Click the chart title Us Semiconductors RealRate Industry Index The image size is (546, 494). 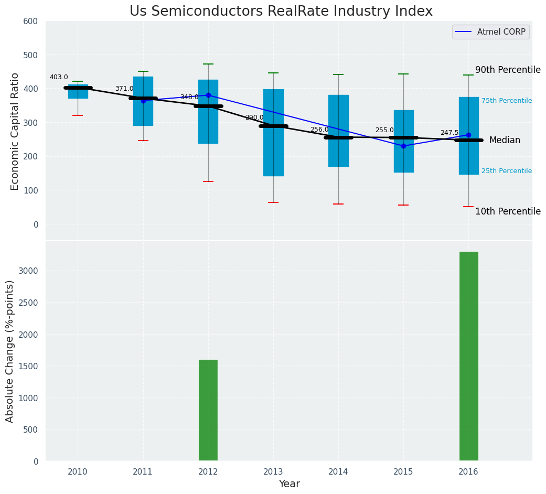click(281, 12)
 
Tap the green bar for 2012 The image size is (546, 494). click(208, 410)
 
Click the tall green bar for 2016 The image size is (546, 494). click(468, 356)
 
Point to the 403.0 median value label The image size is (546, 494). click(59, 77)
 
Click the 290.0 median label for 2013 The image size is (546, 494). click(254, 117)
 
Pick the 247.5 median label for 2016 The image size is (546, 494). click(449, 133)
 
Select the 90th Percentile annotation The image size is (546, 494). click(508, 70)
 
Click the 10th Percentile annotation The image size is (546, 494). click(508, 211)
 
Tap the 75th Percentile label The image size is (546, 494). click(507, 101)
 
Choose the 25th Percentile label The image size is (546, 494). click(507, 171)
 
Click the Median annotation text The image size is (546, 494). click(505, 140)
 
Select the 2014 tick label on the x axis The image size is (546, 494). click(338, 472)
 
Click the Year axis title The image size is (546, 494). click(289, 484)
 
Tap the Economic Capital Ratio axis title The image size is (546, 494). click(15, 131)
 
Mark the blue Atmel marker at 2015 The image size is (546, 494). click(403, 146)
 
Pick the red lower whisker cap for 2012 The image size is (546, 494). click(208, 181)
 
